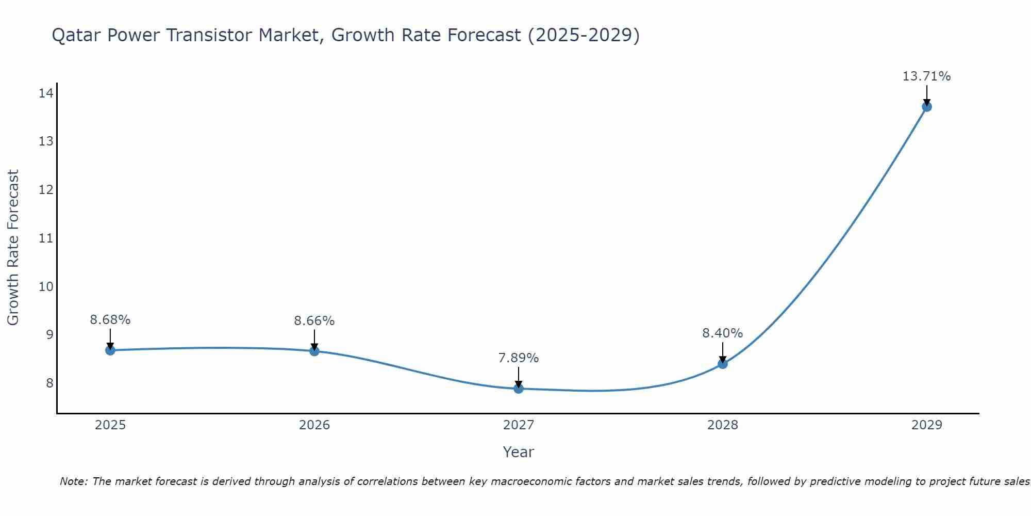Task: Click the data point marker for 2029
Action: click(x=926, y=107)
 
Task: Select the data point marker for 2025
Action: click(x=110, y=350)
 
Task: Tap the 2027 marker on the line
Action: click(x=519, y=389)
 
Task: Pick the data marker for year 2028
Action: click(x=723, y=364)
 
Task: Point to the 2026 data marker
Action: click(x=314, y=351)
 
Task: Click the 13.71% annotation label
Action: click(x=926, y=76)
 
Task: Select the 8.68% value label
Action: click(x=110, y=320)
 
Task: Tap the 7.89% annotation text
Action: click(x=519, y=358)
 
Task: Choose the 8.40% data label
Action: click(x=723, y=333)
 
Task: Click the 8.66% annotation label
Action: click(x=314, y=321)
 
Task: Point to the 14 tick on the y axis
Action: click(x=46, y=93)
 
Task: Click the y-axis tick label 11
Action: click(x=46, y=238)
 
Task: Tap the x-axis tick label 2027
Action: click(x=519, y=425)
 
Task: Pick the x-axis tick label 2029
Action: click(x=926, y=425)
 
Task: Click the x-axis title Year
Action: click(x=519, y=452)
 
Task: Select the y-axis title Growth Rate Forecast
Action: click(x=13, y=248)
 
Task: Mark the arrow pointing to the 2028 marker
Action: click(x=723, y=353)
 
